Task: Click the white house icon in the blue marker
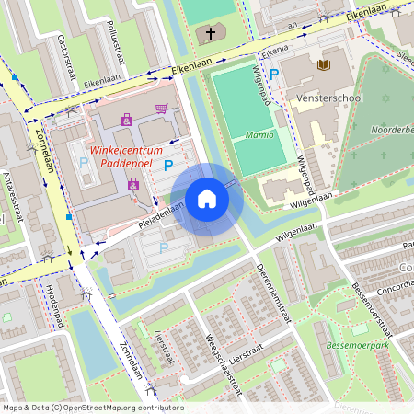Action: pos(207,199)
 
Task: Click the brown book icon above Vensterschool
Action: pos(323,64)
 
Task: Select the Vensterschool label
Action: pos(329,98)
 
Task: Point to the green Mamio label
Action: pos(259,134)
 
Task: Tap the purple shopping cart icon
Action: pos(162,108)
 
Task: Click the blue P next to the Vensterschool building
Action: pos(273,73)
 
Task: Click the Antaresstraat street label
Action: pos(13,197)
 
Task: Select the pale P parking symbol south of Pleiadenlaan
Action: pos(164,247)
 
